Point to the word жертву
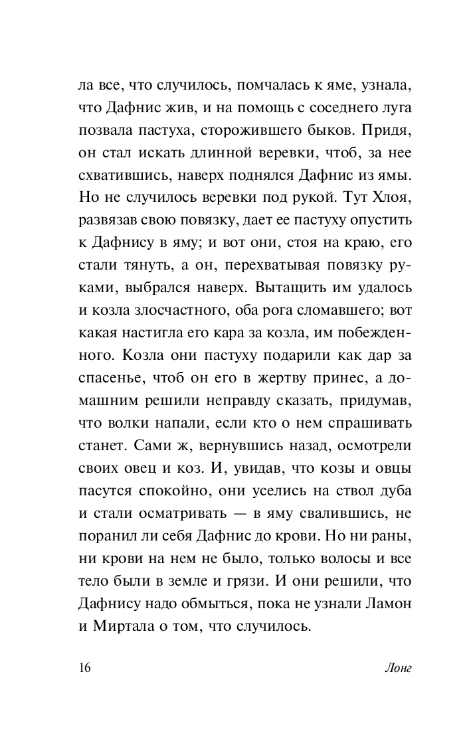[x=256, y=388]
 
